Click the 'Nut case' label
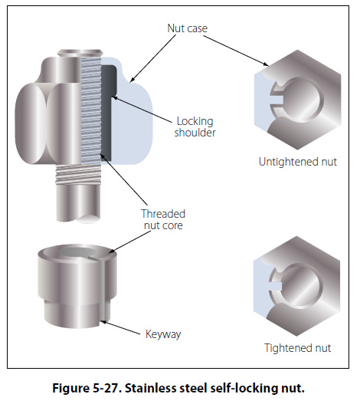click(x=187, y=28)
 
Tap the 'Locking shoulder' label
click(x=195, y=126)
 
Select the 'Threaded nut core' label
click(x=163, y=219)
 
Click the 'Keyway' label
click(x=163, y=334)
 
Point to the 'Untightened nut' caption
click(x=298, y=162)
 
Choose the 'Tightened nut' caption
click(x=297, y=348)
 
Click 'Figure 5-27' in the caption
click(x=87, y=388)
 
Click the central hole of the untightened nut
click(x=300, y=99)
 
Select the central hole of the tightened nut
click(x=301, y=286)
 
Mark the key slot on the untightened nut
click(x=277, y=100)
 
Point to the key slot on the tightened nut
click(x=276, y=286)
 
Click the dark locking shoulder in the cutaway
click(x=108, y=111)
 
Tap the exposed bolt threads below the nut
click(x=77, y=176)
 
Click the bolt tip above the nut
click(x=80, y=53)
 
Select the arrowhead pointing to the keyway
click(x=103, y=322)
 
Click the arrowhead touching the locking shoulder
click(x=115, y=98)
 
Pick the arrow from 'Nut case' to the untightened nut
click(x=236, y=51)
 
